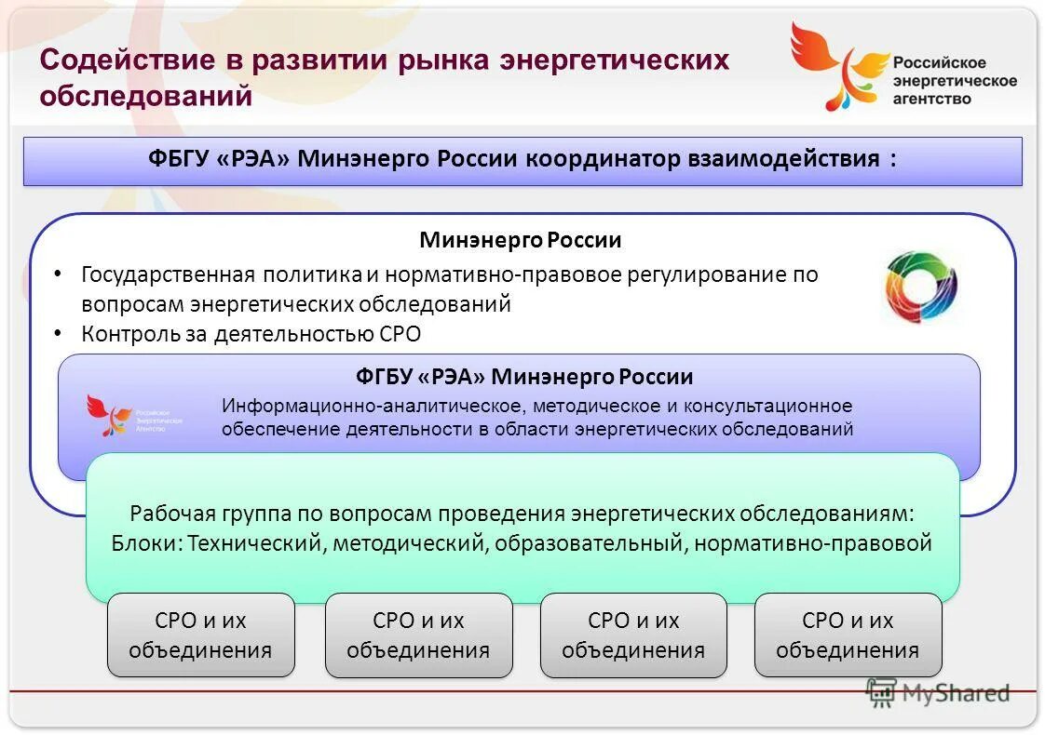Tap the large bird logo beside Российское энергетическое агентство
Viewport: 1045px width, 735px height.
(x=836, y=65)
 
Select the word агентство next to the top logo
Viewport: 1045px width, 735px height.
(x=931, y=99)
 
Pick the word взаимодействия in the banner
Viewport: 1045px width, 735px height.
(x=783, y=158)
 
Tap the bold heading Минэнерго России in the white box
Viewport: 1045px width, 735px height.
(x=520, y=240)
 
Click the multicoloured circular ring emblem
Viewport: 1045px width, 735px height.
(x=920, y=287)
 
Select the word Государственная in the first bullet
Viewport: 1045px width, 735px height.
(x=169, y=274)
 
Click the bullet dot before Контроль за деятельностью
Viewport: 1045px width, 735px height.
(x=58, y=332)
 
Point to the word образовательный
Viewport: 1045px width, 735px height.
(x=589, y=542)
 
